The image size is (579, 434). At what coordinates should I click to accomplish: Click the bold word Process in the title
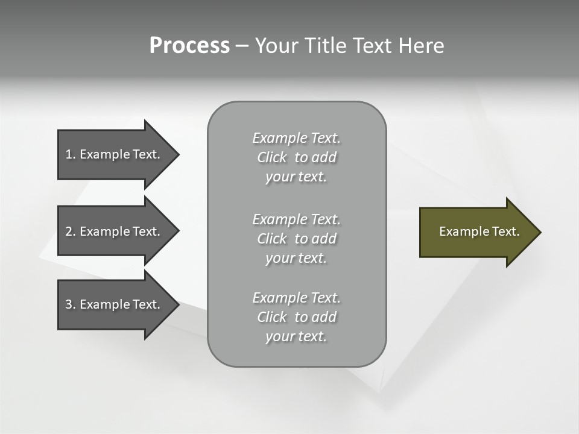189,46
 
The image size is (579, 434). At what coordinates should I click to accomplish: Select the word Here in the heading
421,46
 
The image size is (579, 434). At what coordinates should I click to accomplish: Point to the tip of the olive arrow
539,232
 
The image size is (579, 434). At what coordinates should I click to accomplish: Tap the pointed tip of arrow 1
177,154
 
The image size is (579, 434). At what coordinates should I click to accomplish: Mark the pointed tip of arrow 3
177,304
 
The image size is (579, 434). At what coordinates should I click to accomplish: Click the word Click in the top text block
272,157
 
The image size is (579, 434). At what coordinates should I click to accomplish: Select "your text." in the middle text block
296,258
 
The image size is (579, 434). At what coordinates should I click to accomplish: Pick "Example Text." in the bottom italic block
296,298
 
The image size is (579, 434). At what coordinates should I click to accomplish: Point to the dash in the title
242,46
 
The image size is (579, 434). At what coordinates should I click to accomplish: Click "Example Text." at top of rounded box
296,138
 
